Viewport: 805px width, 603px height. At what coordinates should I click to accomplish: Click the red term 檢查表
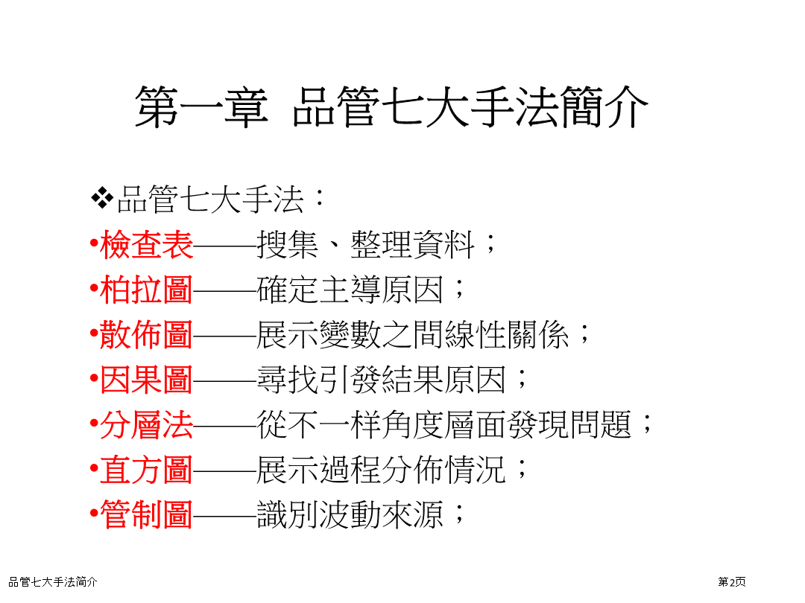point(146,245)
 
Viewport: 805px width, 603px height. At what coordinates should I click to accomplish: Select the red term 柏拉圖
point(146,290)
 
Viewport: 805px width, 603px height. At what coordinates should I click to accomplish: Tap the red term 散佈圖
point(146,335)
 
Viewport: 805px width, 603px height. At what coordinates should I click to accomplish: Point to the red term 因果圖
point(146,380)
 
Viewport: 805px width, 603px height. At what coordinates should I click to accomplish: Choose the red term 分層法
point(146,425)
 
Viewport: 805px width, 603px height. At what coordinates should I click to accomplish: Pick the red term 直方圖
point(146,470)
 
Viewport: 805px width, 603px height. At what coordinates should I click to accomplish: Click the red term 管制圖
point(146,514)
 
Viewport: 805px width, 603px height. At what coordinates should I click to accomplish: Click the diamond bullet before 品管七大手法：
point(102,199)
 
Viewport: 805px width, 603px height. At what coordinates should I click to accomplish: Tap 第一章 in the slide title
point(202,106)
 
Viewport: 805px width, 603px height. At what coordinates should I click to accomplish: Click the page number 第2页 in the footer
point(732,582)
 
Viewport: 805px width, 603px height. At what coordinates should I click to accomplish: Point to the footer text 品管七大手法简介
point(53,582)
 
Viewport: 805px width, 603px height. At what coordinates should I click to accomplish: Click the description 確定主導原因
point(350,290)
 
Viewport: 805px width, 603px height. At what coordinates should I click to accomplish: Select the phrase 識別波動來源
point(350,515)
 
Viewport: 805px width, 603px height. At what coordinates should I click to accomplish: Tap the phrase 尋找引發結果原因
point(382,380)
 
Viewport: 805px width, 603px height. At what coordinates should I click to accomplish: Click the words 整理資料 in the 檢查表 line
point(413,245)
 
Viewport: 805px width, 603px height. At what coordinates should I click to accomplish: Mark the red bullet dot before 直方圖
point(94,469)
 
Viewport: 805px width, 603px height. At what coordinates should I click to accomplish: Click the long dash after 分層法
point(225,426)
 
